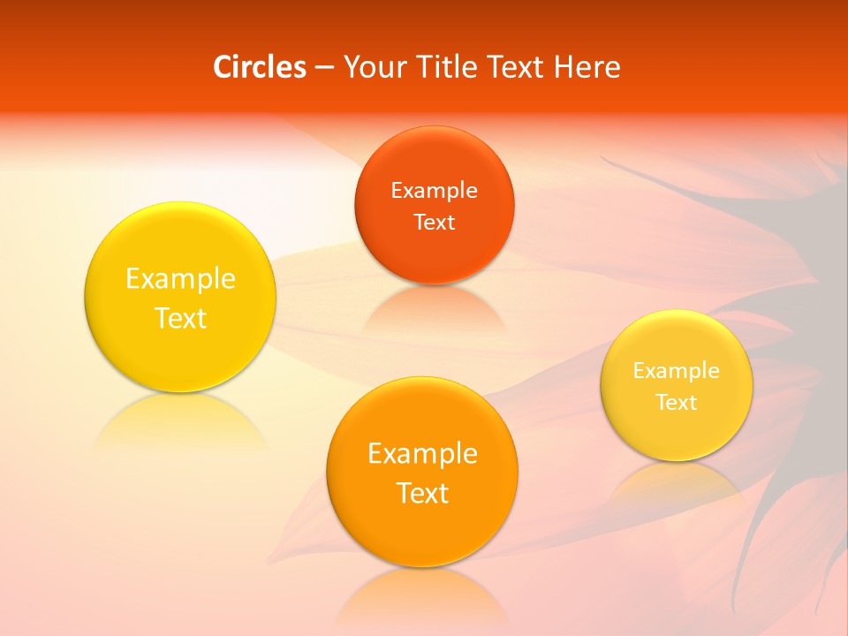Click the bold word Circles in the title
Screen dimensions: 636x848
pyautogui.click(x=259, y=67)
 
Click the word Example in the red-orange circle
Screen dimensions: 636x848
pyautogui.click(x=434, y=191)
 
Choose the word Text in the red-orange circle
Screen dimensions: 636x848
pyautogui.click(x=434, y=222)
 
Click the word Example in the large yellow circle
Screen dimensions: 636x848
pyautogui.click(x=180, y=279)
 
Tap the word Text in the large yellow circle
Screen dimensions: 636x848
pyautogui.click(x=180, y=318)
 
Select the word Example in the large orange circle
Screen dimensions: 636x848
pyautogui.click(x=422, y=454)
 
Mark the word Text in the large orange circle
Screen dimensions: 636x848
pyautogui.click(x=422, y=493)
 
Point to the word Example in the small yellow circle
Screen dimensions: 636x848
pyautogui.click(x=677, y=371)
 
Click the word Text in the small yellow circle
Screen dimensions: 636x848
pyautogui.click(x=677, y=403)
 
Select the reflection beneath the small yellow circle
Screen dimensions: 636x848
pyautogui.click(x=677, y=481)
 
